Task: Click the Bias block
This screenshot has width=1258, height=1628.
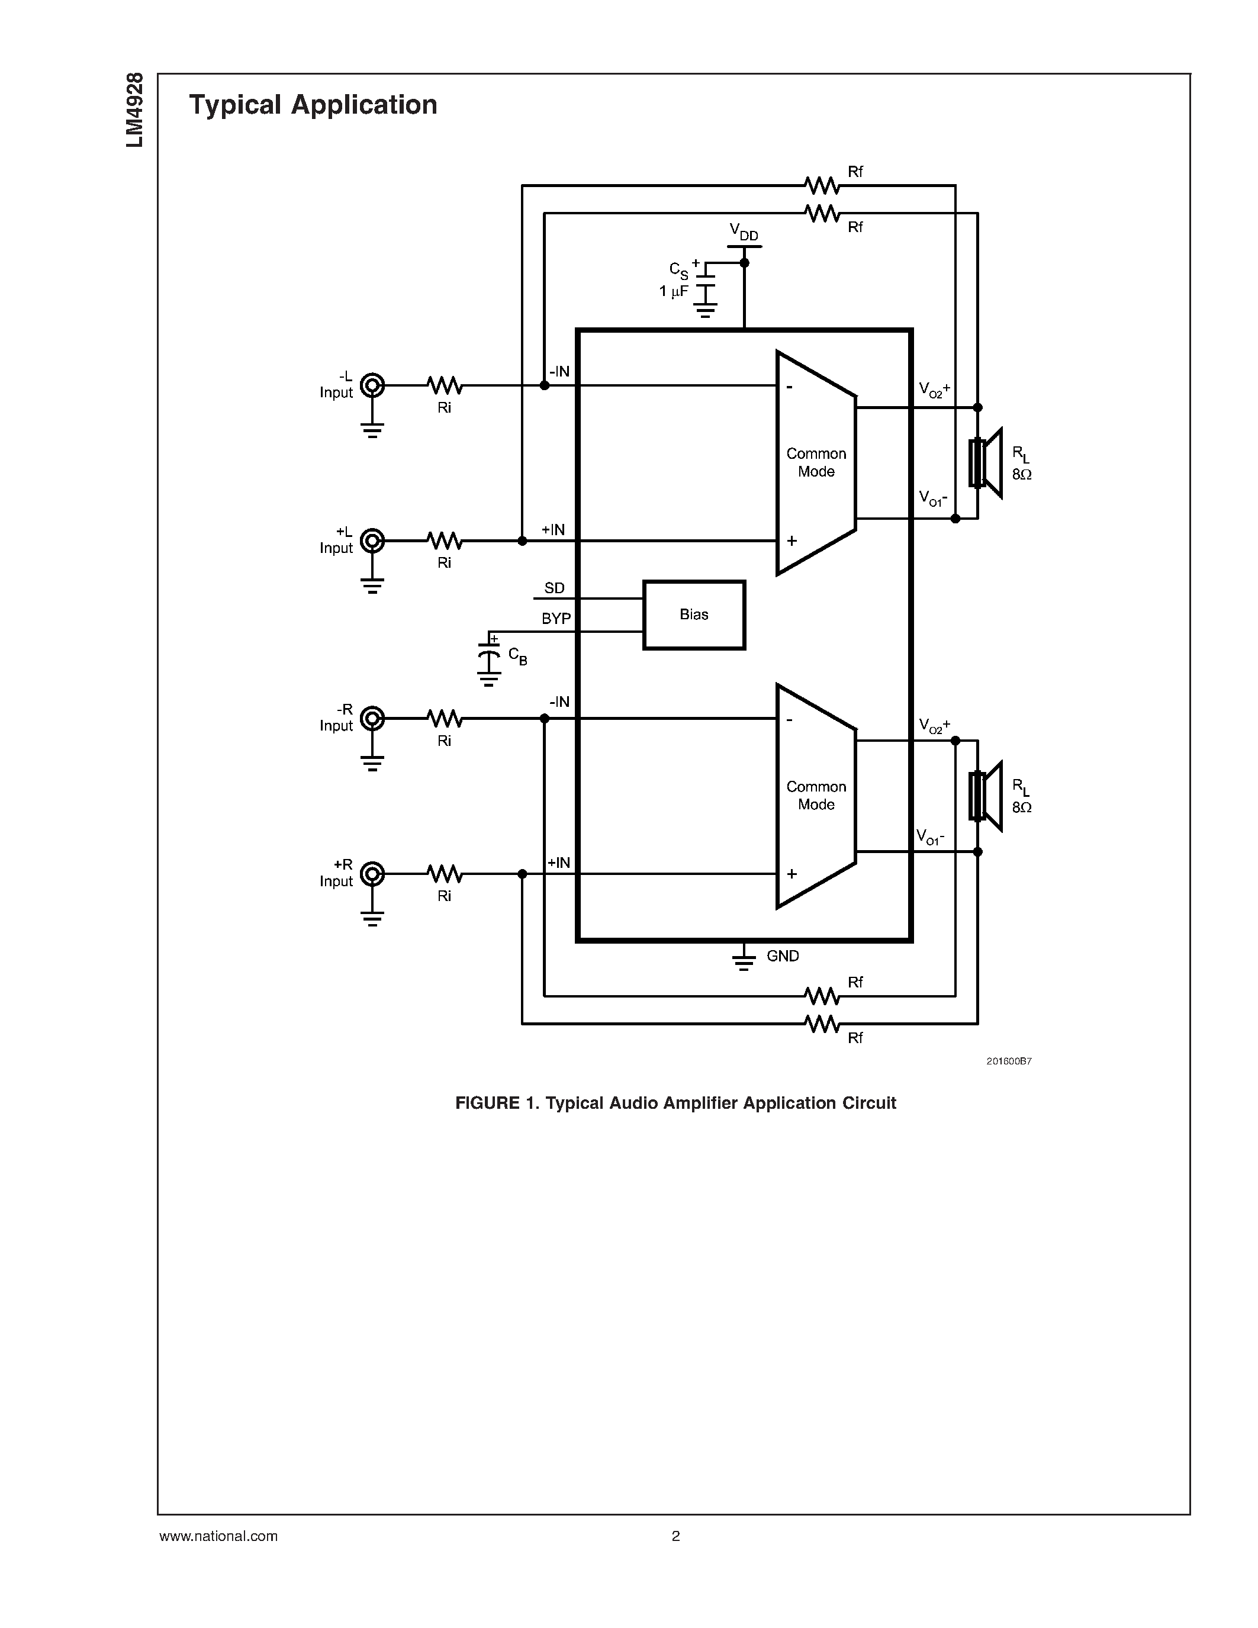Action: [x=693, y=615]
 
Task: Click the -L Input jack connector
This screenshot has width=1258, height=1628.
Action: [x=372, y=385]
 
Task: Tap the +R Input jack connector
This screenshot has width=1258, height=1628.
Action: [x=372, y=874]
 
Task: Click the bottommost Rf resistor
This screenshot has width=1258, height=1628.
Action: [x=822, y=1024]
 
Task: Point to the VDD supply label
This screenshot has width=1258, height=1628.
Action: [x=743, y=232]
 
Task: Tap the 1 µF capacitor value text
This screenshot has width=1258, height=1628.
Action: [x=673, y=291]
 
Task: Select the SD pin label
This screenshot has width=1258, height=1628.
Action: [x=554, y=588]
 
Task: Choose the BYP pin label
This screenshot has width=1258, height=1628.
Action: [x=556, y=619]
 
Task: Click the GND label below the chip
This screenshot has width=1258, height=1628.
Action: [x=783, y=955]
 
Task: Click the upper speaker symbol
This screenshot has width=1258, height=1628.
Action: [x=985, y=463]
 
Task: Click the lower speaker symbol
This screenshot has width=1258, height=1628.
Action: [x=985, y=796]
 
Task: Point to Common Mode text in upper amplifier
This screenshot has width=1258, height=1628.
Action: [x=816, y=462]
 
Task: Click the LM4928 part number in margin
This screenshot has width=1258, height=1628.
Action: [x=135, y=110]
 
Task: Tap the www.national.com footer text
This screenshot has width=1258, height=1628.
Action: [x=218, y=1536]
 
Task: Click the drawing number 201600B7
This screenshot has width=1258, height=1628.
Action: [x=1008, y=1061]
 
